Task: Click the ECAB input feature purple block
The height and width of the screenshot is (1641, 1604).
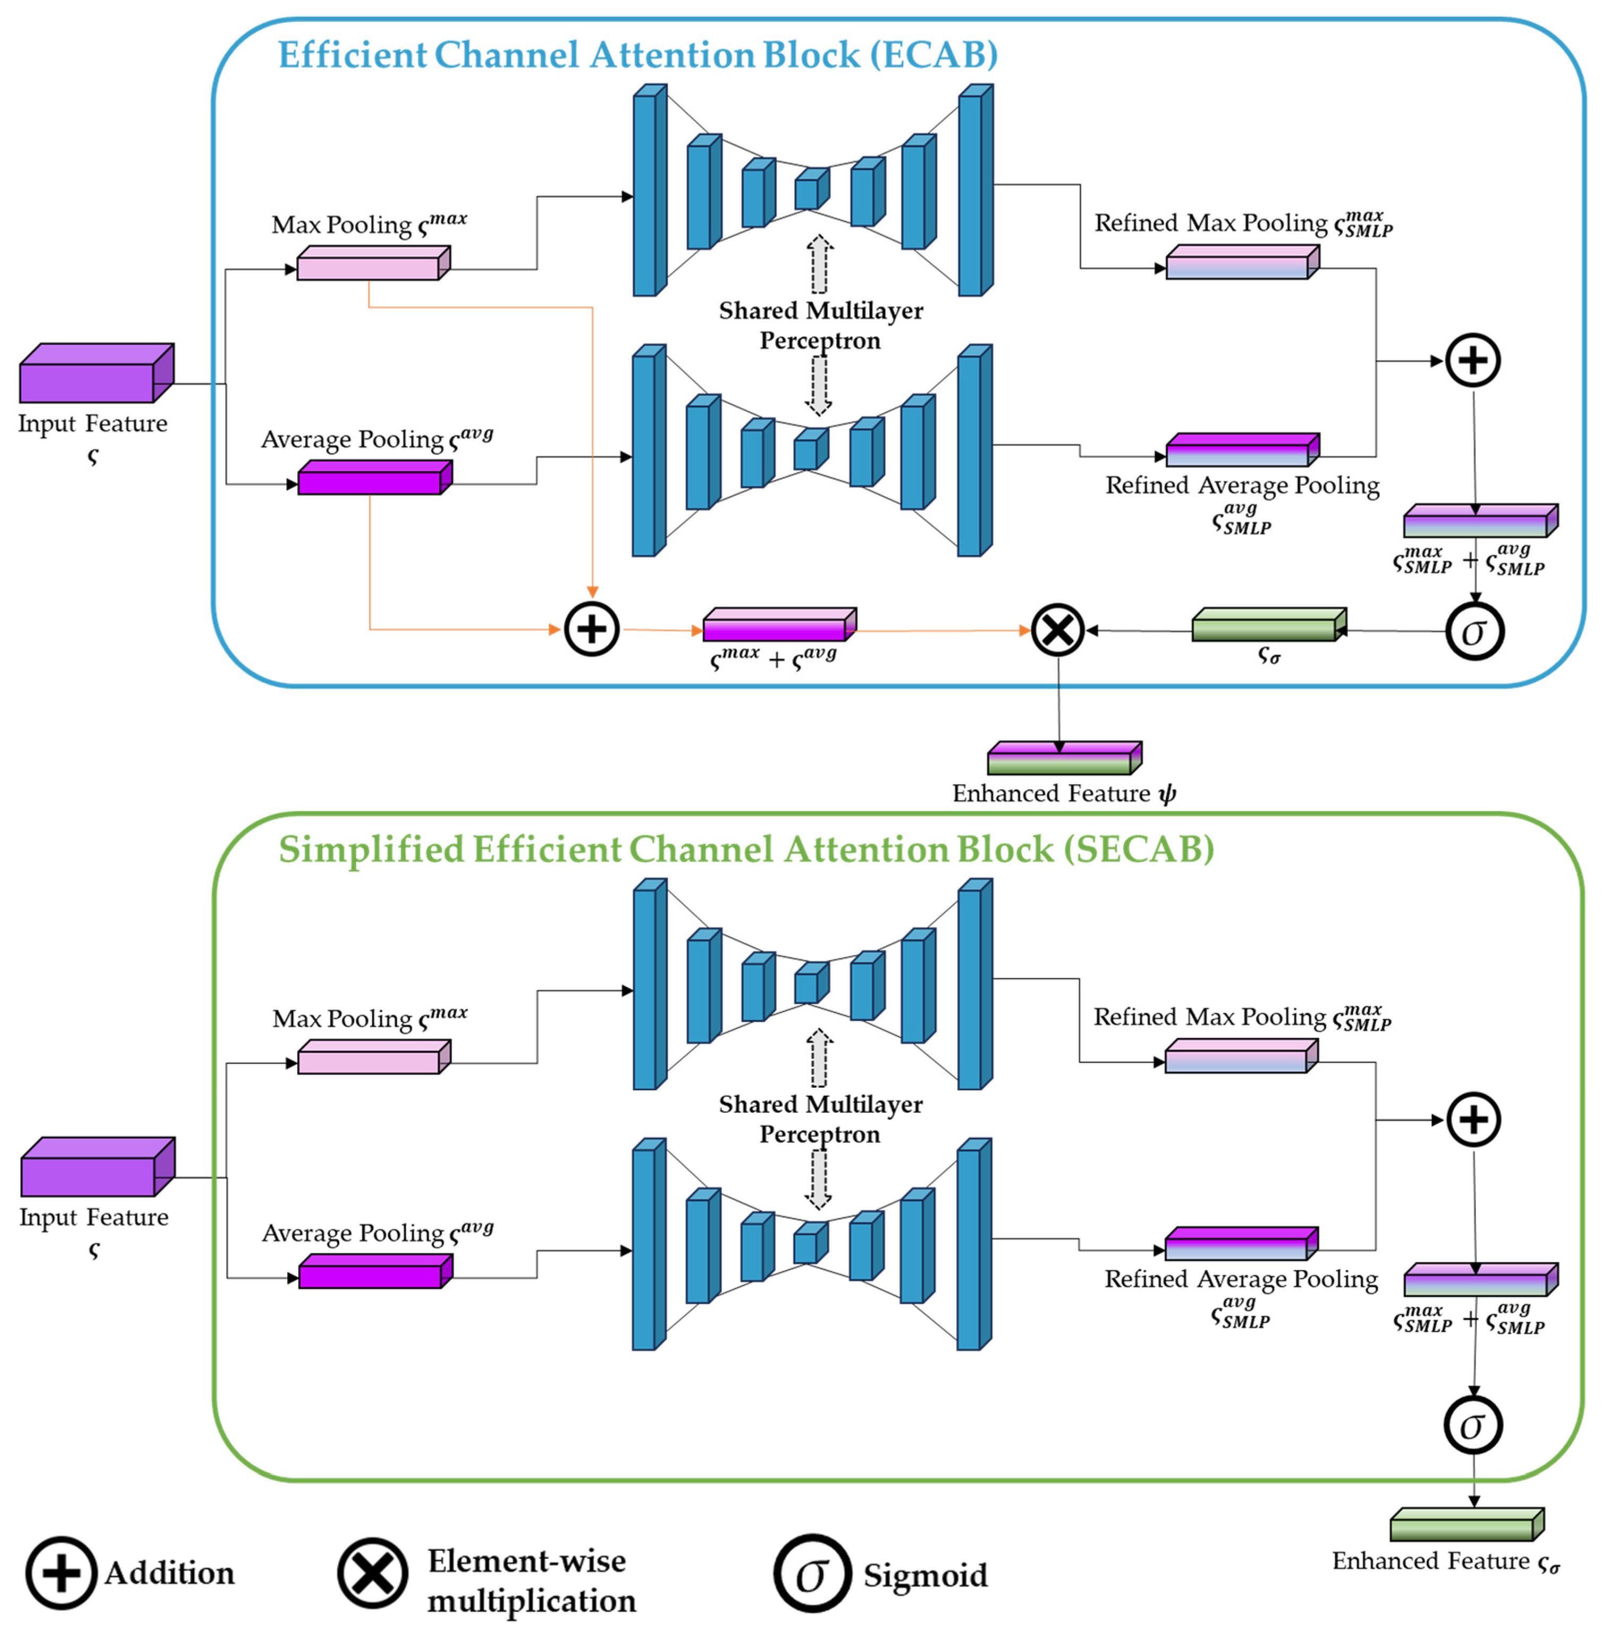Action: (97, 373)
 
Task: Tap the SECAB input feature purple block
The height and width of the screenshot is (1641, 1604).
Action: (98, 1166)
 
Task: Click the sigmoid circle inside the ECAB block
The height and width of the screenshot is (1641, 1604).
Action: (1474, 631)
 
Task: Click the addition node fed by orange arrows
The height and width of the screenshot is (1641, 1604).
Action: (591, 629)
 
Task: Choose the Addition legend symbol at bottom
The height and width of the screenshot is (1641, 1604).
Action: (61, 1573)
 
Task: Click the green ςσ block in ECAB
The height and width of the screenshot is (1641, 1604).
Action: (1269, 624)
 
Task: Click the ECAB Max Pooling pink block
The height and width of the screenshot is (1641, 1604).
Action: (373, 263)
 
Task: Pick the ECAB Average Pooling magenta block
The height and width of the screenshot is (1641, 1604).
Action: (375, 477)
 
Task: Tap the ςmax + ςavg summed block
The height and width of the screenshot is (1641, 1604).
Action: (779, 624)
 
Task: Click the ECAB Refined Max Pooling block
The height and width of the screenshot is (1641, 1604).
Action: (1243, 262)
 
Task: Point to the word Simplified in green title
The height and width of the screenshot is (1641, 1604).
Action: (372, 849)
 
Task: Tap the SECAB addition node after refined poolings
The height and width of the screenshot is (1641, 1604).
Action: (1473, 1120)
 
